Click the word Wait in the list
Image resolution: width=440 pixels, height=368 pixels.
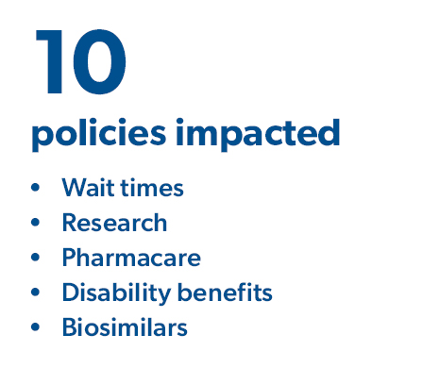pyautogui.click(x=83, y=188)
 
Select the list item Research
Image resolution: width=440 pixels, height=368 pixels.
pyautogui.click(x=114, y=223)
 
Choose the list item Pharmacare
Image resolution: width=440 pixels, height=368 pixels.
pyautogui.click(x=131, y=258)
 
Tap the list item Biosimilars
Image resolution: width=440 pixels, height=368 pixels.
pyautogui.click(x=125, y=327)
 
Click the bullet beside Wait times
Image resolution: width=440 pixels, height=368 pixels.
pyautogui.click(x=36, y=189)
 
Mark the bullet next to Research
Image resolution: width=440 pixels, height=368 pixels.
pyautogui.click(x=36, y=224)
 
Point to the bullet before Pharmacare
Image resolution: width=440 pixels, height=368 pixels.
pyautogui.click(x=36, y=259)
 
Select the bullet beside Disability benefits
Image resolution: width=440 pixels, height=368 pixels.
pyautogui.click(x=36, y=293)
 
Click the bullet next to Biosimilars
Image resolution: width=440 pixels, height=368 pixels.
pyautogui.click(x=36, y=328)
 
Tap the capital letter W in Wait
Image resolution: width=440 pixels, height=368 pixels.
pyautogui.click(x=73, y=188)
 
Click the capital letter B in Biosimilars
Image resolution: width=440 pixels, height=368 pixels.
pyautogui.click(x=69, y=327)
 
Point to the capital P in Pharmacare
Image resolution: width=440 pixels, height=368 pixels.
pyautogui.click(x=69, y=258)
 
